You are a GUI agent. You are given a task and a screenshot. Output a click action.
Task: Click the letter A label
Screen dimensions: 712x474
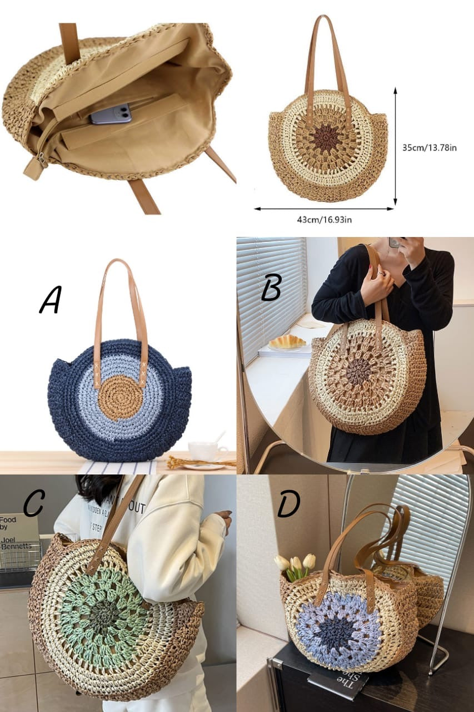(x=51, y=300)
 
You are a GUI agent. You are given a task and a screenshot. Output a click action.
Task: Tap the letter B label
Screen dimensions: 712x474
(x=272, y=288)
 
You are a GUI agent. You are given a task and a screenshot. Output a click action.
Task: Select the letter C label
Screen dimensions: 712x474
(x=34, y=503)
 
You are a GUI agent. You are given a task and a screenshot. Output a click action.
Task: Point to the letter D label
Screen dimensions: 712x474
(x=289, y=504)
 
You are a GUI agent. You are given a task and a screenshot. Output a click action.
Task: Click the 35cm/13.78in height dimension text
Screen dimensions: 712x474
(x=429, y=147)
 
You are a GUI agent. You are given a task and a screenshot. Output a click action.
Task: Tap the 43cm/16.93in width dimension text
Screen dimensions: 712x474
(x=324, y=220)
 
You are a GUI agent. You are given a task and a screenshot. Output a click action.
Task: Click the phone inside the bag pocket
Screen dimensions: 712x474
(x=111, y=114)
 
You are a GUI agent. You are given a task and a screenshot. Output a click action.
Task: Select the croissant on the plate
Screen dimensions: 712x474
(x=287, y=342)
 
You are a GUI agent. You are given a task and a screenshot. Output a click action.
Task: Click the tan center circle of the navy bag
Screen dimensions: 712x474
(x=120, y=397)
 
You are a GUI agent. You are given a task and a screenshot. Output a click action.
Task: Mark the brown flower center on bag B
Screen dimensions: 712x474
(x=358, y=371)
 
